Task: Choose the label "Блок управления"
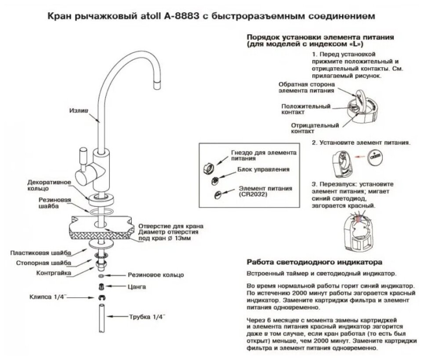263,169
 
